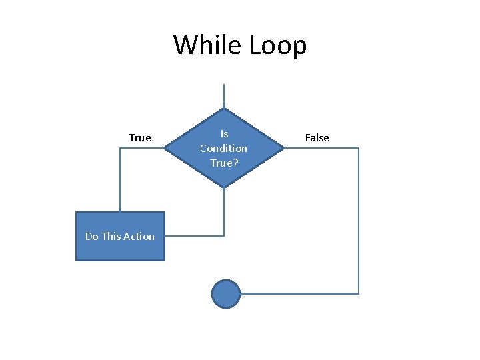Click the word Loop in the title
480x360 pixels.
click(278, 45)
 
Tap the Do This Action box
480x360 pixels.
click(120, 236)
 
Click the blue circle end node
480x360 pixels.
click(225, 293)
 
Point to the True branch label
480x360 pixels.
click(140, 138)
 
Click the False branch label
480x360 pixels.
click(317, 138)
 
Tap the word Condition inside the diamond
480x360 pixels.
click(223, 148)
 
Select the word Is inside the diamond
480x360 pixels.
click(224, 134)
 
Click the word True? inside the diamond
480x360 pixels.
click(224, 162)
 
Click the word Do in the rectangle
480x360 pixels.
click(92, 236)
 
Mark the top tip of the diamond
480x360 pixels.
click(224, 108)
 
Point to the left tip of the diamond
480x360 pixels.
click(165, 148)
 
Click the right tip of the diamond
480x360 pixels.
click(284, 148)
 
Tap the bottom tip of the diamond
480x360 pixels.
click(224, 188)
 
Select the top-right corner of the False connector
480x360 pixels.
click(359, 148)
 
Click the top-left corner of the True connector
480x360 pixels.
click(120, 148)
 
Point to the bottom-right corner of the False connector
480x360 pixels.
click(359, 293)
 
